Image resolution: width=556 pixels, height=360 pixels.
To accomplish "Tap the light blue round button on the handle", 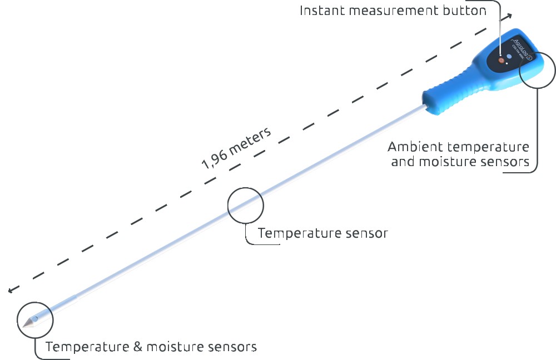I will click(x=509, y=56).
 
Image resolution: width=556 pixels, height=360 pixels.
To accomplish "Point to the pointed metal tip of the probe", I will click(x=26, y=323).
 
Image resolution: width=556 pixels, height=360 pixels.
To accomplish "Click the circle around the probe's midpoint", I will click(x=245, y=205).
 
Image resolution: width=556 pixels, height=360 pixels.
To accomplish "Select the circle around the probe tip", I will click(x=35, y=321).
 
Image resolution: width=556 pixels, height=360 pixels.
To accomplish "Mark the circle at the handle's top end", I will click(x=537, y=69).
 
